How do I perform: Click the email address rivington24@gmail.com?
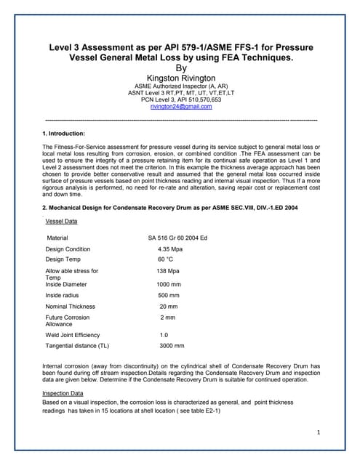(181, 106)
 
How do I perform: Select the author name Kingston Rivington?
(181, 78)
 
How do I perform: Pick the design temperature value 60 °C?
(166, 259)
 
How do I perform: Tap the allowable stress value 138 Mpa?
(169, 270)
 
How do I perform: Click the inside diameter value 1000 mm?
(169, 285)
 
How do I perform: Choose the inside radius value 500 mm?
(169, 296)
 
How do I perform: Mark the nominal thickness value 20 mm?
(168, 307)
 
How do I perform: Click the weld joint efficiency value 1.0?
(164, 335)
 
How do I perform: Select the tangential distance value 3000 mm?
(172, 346)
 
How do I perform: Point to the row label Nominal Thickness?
(71, 307)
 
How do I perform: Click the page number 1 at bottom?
(319, 433)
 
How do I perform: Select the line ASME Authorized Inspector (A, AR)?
(181, 86)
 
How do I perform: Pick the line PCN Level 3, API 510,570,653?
(181, 100)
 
